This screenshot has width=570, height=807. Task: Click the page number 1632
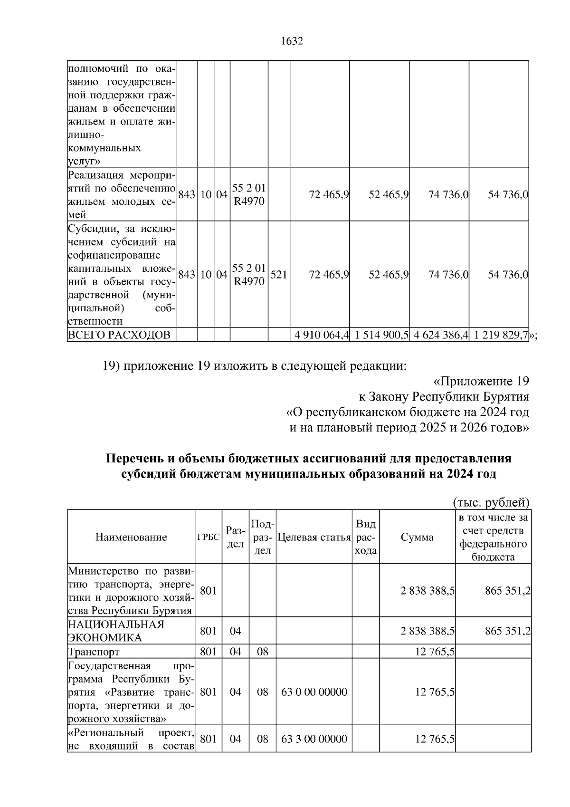[292, 41]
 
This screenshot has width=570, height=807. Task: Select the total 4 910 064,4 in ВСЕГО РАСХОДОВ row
[322, 335]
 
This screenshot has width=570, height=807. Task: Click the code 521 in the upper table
[278, 275]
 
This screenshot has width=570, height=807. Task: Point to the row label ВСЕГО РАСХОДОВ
[119, 335]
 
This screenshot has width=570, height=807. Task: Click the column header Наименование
[131, 537]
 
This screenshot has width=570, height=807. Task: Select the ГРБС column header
[209, 538]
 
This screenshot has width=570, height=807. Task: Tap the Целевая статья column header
[313, 538]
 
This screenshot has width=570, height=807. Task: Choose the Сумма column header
[417, 538]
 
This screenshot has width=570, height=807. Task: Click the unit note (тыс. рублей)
[491, 502]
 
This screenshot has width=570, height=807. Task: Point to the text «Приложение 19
[481, 382]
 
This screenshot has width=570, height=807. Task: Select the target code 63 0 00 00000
[314, 692]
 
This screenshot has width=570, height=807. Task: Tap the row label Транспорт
[94, 652]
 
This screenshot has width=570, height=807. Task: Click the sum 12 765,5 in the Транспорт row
[435, 652]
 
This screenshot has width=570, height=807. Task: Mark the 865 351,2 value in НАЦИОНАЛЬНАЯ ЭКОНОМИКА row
[507, 631]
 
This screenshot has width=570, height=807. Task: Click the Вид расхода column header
[365, 538]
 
